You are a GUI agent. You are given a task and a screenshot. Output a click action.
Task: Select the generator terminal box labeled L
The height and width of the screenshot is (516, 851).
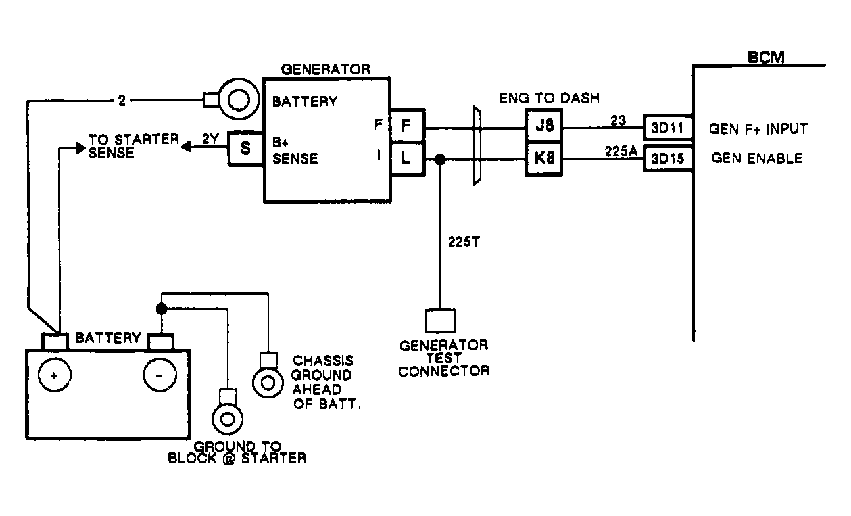click(x=407, y=160)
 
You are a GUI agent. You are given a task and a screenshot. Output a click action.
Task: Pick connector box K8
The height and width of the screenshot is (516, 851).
click(x=544, y=160)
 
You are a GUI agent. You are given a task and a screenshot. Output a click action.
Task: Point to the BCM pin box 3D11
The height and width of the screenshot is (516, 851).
click(x=667, y=127)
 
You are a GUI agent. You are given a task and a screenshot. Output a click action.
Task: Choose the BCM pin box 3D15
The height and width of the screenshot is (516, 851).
click(x=667, y=159)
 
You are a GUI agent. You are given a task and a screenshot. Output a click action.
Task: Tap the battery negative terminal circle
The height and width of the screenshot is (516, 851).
click(x=158, y=375)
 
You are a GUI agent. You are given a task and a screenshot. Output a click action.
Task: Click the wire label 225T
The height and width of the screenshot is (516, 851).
click(x=464, y=241)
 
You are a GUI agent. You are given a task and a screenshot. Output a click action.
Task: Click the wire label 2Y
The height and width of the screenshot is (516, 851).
click(x=210, y=141)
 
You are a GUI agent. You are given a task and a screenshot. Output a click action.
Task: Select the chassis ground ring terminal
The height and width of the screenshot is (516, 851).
click(x=268, y=381)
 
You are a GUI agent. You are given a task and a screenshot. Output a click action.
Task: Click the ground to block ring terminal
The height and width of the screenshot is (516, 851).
click(x=227, y=419)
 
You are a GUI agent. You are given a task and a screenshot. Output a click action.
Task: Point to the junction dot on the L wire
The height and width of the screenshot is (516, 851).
click(x=440, y=160)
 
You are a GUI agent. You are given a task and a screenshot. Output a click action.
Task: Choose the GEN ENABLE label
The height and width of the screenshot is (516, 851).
click(x=757, y=158)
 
